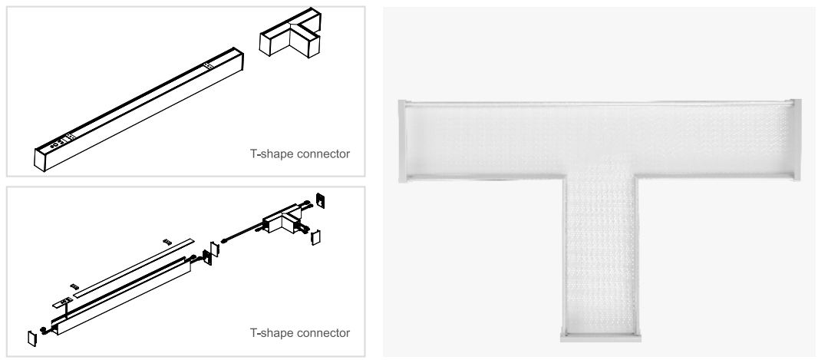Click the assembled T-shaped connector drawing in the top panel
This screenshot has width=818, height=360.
point(291,33)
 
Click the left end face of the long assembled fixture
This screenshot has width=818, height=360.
point(40,160)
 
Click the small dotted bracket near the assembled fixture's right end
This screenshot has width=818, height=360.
point(208,66)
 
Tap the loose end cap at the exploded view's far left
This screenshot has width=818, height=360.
point(32,338)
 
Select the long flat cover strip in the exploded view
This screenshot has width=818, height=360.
point(134,268)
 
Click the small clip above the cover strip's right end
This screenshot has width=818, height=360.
point(167,242)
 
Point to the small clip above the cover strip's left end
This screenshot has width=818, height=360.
point(74,286)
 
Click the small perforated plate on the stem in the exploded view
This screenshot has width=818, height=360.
point(62,302)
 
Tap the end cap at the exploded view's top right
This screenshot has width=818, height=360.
point(320,201)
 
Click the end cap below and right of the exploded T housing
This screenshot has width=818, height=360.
point(315,237)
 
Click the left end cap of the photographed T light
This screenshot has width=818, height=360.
point(402,141)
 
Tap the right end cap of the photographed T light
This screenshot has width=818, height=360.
point(796,140)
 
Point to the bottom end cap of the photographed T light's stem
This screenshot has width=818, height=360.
point(601,337)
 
